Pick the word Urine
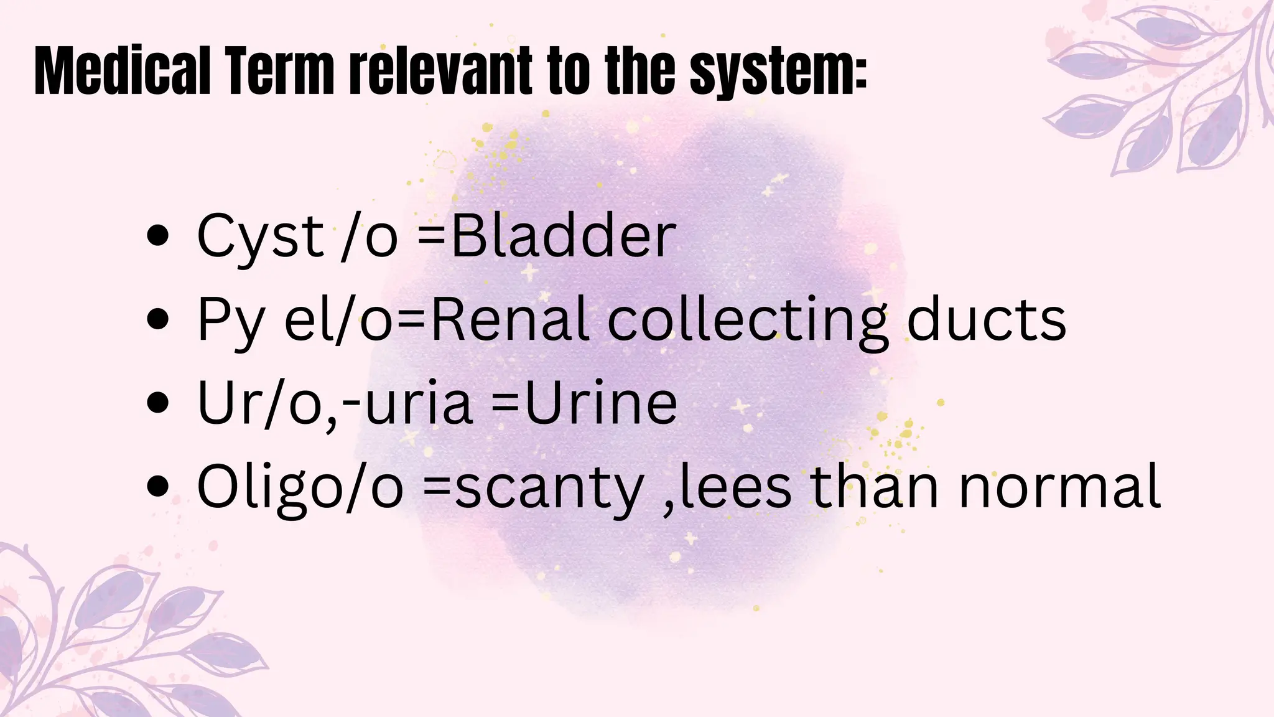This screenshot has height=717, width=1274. (601, 403)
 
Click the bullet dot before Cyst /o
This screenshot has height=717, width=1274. (158, 237)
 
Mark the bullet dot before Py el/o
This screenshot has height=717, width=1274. (158, 320)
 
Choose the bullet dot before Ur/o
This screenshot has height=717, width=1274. (158, 403)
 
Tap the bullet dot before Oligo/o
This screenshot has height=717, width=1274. (158, 486)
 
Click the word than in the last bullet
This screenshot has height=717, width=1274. (874, 486)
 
